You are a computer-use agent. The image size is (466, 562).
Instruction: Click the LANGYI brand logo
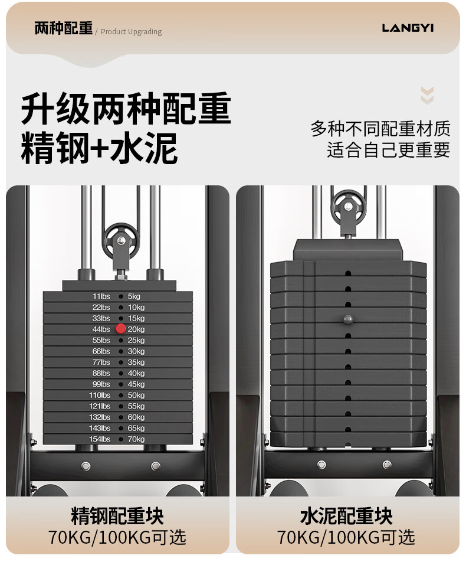(407, 28)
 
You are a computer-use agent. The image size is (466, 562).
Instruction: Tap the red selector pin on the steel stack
(121, 329)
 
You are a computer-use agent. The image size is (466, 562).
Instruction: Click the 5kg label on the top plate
(134, 296)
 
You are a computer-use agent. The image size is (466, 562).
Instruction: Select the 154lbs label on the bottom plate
(100, 439)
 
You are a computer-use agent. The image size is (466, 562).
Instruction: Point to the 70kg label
(136, 439)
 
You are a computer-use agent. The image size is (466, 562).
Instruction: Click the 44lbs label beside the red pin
(101, 329)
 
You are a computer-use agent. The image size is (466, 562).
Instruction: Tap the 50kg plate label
(136, 395)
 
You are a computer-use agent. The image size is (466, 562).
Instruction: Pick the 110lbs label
(100, 395)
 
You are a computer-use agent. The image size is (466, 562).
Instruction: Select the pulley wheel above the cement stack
(349, 208)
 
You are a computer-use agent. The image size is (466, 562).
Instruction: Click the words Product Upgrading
(131, 32)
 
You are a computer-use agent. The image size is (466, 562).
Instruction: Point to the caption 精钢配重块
(117, 516)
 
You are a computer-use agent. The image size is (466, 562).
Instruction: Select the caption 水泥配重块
(346, 516)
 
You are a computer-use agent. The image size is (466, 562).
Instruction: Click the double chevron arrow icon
(427, 96)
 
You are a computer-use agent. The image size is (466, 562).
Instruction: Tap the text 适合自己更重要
(388, 149)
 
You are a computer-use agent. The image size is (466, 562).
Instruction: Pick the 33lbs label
(101, 318)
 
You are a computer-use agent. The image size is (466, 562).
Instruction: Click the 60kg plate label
(136, 417)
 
